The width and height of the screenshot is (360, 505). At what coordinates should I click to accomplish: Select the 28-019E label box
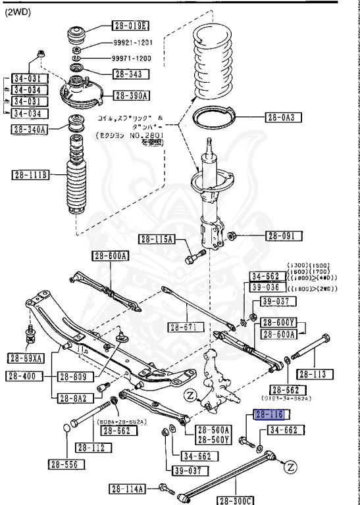point(130,26)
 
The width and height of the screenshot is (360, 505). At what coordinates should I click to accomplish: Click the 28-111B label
point(30,175)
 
